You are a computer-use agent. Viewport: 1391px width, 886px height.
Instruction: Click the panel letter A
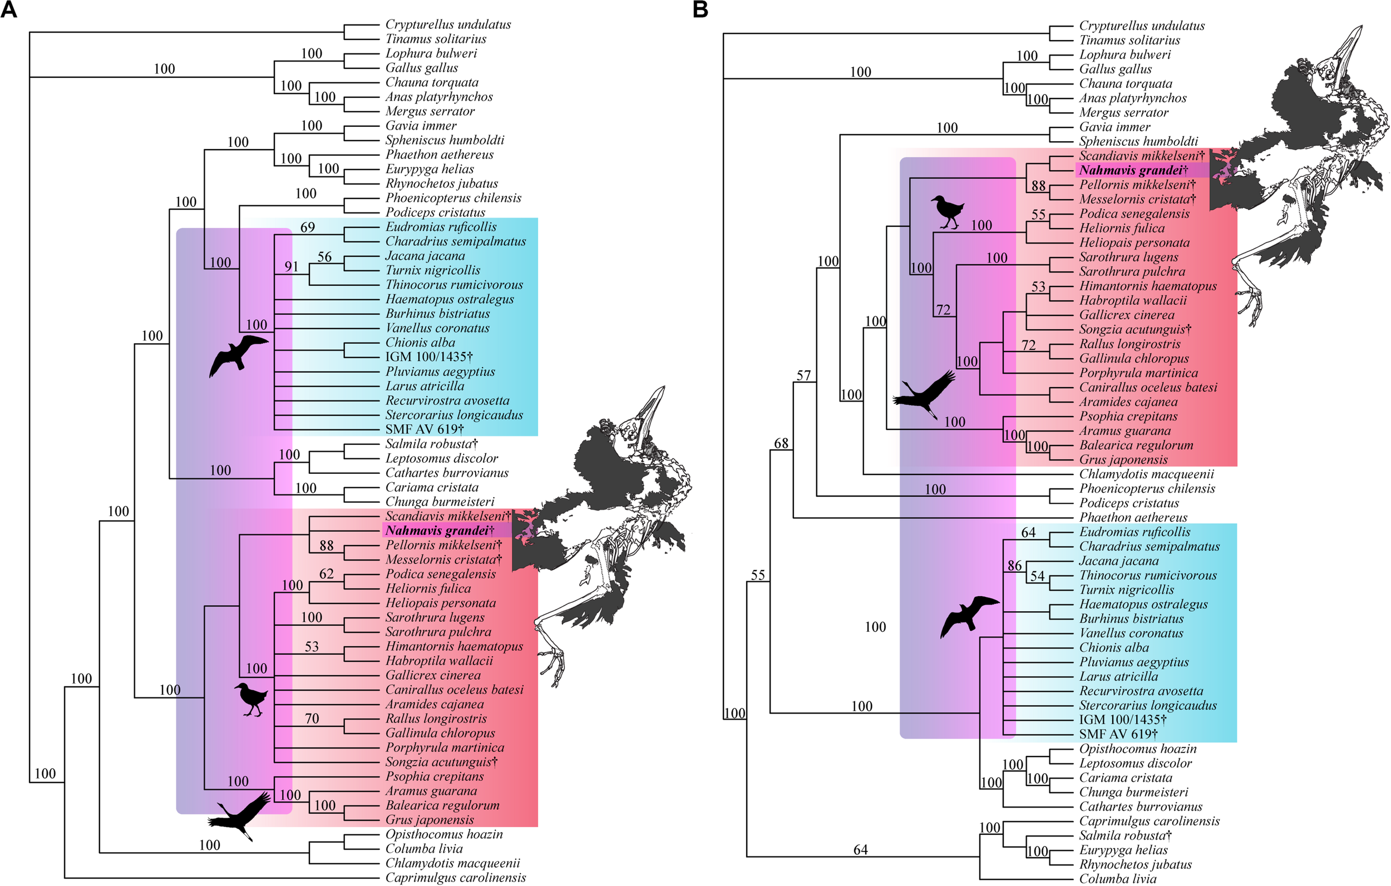tap(9, 10)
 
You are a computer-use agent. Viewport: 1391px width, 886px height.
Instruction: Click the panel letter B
tap(700, 10)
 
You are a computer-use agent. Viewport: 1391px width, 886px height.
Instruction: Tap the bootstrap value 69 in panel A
tap(307, 227)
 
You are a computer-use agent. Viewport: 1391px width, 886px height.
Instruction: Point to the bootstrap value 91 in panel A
tap(291, 267)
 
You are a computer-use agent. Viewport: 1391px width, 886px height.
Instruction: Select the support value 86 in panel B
tap(1014, 566)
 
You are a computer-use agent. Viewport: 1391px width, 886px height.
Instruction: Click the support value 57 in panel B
tap(803, 376)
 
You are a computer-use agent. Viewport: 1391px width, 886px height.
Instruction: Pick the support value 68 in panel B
tap(781, 444)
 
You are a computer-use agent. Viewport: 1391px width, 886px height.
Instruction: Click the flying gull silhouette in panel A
tap(238, 354)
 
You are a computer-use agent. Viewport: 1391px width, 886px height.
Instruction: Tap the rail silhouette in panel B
tap(946, 211)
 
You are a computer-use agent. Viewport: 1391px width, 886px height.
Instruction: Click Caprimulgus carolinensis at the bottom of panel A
tap(455, 878)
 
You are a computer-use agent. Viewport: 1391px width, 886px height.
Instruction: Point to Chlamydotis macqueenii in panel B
tap(1146, 474)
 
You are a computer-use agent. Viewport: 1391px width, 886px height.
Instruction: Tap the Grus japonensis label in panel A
tap(429, 820)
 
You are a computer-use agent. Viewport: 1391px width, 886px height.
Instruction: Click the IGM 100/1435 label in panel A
tap(428, 358)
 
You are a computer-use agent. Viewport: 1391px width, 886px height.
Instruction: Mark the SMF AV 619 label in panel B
tap(1118, 735)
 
